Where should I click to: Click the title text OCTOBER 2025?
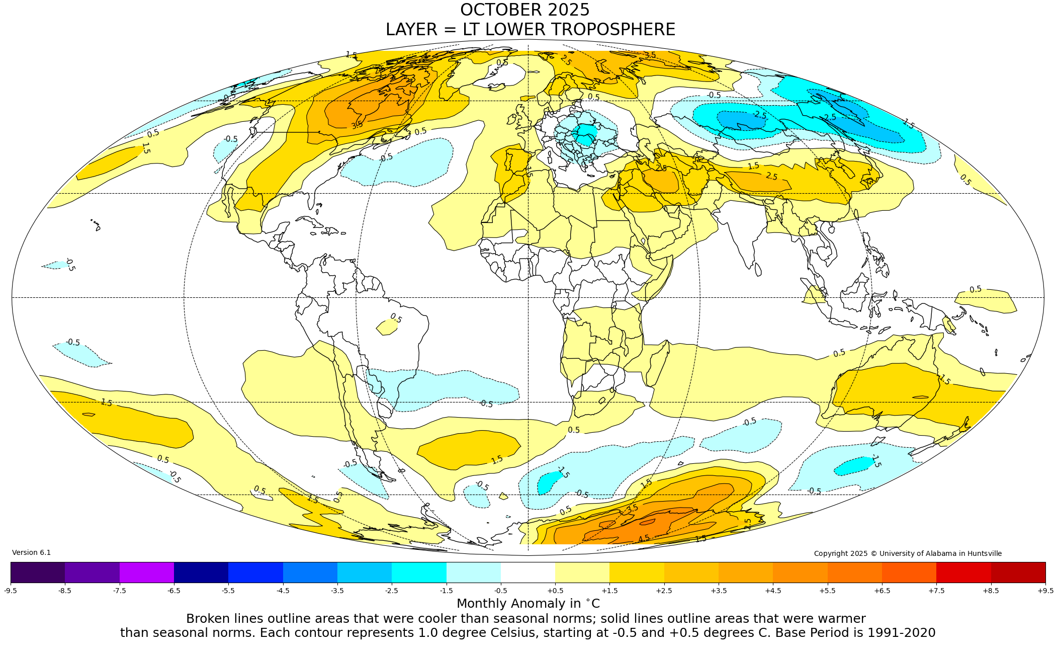[x=524, y=10]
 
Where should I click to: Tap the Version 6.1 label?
[x=31, y=553]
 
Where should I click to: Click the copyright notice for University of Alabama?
[x=908, y=553]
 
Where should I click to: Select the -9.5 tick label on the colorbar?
[x=11, y=591]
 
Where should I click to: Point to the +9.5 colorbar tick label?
[x=1045, y=591]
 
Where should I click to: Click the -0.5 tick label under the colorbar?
[x=500, y=591]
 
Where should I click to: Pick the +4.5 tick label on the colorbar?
[x=773, y=591]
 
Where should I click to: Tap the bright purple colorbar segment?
[x=146, y=573]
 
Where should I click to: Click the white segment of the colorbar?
[x=527, y=573]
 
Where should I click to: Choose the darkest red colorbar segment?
[x=1018, y=573]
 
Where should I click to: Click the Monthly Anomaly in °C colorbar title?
[x=528, y=604]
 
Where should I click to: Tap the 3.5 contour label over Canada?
[x=357, y=125]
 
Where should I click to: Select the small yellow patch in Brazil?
[x=386, y=328]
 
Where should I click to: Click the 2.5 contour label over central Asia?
[x=771, y=177]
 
